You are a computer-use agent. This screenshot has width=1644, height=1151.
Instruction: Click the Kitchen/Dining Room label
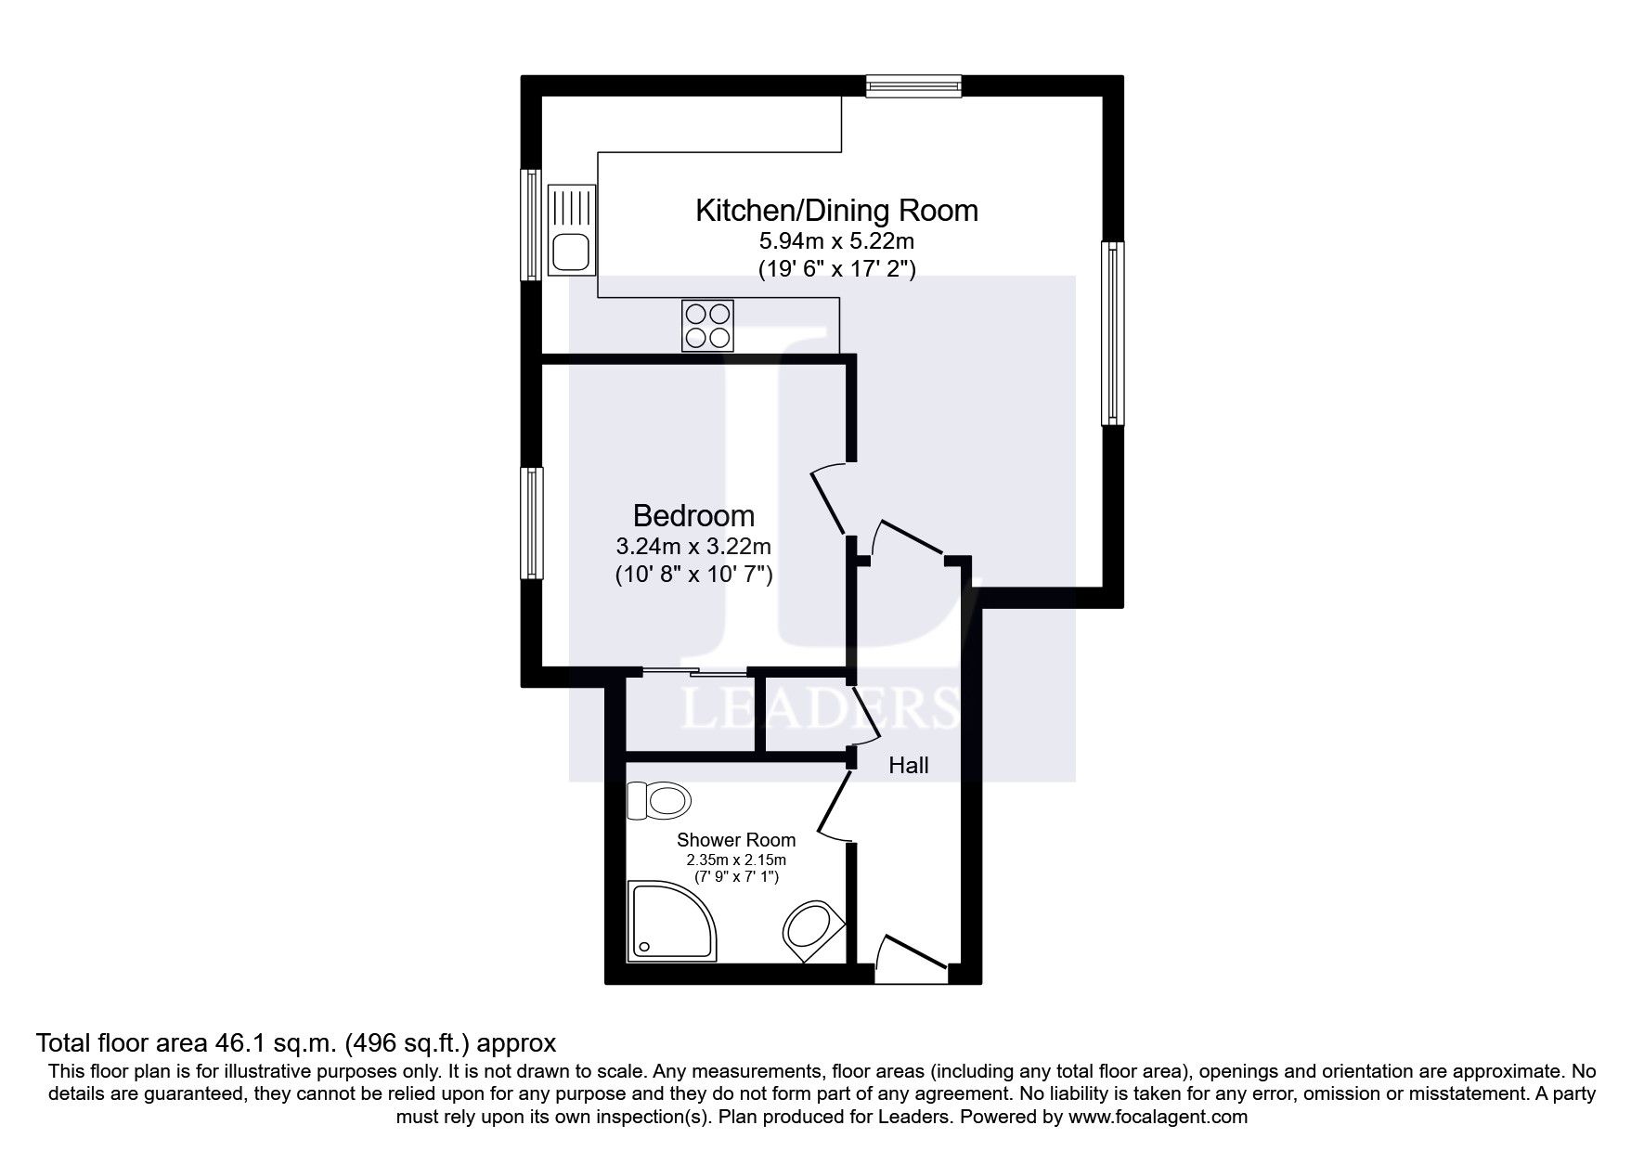[836, 211]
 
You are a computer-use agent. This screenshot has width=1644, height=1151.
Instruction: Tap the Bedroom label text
[693, 515]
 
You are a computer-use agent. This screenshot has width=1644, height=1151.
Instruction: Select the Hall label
[909, 766]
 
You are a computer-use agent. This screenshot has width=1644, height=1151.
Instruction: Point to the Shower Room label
[736, 840]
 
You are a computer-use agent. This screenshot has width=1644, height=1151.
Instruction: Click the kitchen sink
[572, 230]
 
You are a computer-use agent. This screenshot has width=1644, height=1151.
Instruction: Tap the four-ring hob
[707, 326]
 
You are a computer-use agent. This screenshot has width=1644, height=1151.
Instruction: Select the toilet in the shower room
[659, 800]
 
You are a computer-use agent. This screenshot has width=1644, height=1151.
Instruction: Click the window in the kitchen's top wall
[913, 86]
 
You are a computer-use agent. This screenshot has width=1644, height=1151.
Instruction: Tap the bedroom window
[532, 523]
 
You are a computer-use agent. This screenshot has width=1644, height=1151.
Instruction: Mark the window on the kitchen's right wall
[1113, 333]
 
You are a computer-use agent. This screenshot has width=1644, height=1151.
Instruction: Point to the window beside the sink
[532, 224]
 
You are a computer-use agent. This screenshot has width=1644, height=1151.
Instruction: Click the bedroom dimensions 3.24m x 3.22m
[693, 547]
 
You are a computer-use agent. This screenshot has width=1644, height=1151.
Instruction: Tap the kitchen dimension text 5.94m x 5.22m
[837, 241]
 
